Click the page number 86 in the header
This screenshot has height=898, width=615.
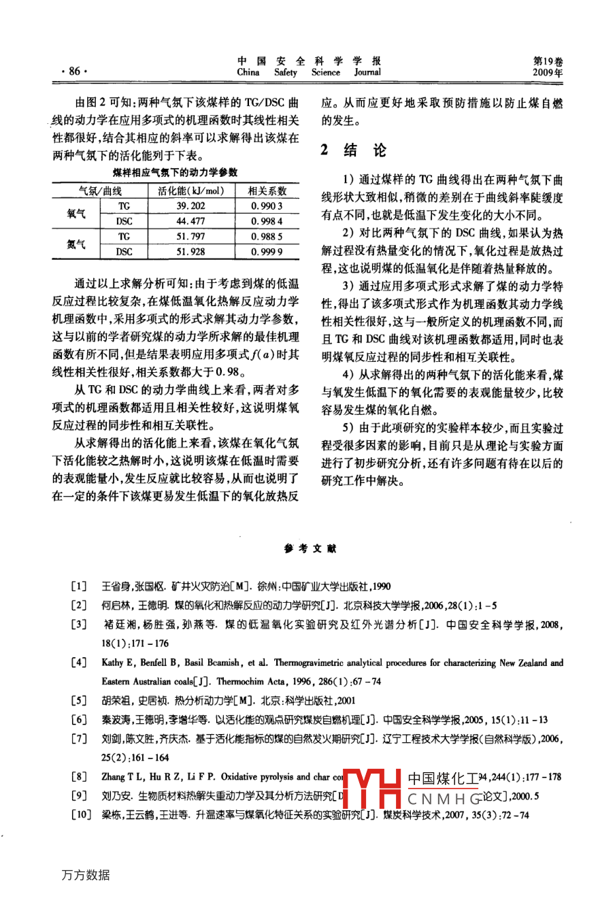[70, 71]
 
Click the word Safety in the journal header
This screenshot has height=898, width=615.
[286, 72]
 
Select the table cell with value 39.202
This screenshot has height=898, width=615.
[190, 206]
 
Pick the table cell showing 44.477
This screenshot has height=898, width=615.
[190, 221]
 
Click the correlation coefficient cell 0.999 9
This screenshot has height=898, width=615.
[266, 252]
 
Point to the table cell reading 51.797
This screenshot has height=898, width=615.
[190, 237]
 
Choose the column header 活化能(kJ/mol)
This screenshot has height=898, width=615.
[190, 191]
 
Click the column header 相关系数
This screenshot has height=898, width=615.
[267, 191]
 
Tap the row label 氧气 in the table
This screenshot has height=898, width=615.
[76, 214]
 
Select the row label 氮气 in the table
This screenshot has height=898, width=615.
[76, 244]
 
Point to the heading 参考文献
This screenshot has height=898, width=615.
[310, 549]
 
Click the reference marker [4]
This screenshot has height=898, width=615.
[80, 663]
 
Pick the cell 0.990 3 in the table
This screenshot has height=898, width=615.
[266, 206]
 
